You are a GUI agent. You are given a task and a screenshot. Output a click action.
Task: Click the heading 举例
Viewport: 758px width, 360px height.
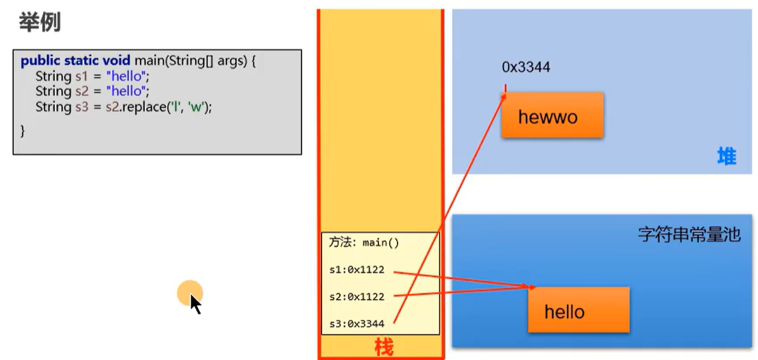(39, 23)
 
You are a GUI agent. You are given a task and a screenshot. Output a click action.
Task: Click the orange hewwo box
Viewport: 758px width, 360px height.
(552, 116)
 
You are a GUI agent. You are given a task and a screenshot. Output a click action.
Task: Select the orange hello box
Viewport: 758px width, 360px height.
(578, 312)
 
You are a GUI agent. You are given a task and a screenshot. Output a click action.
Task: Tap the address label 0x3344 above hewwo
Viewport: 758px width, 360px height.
(526, 67)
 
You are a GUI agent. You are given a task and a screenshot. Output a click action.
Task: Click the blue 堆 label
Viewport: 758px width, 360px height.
(726, 156)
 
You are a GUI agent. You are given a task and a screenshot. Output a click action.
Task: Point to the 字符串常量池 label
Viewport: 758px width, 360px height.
(689, 235)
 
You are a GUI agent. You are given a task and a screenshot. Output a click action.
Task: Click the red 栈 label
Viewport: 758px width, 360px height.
(384, 348)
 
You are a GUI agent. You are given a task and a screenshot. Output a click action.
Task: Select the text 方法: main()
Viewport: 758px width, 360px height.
(363, 243)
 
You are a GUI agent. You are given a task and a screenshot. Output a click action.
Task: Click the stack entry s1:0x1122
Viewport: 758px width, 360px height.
(356, 270)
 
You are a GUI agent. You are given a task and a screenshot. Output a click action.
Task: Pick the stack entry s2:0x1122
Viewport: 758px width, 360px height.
(356, 297)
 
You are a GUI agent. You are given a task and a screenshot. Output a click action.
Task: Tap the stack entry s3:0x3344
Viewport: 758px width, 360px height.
(356, 324)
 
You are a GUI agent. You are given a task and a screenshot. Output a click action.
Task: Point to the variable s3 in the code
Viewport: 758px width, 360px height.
(82, 108)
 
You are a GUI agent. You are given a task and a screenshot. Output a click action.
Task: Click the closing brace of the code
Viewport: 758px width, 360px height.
(23, 130)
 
